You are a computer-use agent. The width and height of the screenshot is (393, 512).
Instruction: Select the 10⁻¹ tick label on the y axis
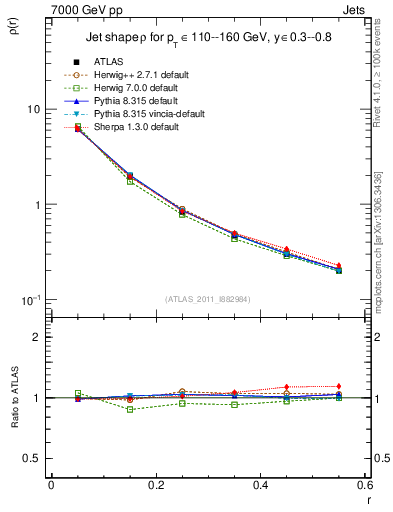(x=29, y=300)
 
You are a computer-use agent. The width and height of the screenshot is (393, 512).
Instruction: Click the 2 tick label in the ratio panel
(x=36, y=337)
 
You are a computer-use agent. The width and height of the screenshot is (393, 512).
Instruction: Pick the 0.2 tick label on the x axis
(x=155, y=487)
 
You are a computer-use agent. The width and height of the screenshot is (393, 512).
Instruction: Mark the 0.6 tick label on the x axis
(x=363, y=487)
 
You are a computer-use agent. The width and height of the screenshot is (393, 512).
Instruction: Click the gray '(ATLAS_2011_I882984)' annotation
(x=207, y=298)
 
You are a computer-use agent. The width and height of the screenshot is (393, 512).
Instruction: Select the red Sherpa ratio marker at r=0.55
(x=338, y=386)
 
